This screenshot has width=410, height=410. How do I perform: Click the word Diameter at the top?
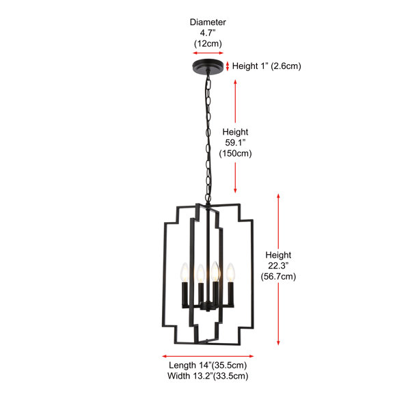click(208, 23)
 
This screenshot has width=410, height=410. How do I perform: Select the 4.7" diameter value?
click(208, 33)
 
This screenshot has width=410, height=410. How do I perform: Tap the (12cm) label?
click(208, 44)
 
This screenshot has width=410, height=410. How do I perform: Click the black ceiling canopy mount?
click(208, 66)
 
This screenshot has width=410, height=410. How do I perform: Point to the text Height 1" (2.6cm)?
click(266, 66)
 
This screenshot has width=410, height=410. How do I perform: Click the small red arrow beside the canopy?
click(228, 66)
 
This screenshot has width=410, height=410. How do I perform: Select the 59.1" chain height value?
click(235, 143)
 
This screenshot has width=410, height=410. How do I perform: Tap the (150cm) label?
click(235, 153)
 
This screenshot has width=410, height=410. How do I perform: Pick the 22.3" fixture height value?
click(278, 266)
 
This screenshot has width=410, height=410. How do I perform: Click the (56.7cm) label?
click(278, 276)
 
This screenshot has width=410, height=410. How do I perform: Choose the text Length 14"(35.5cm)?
click(208, 365)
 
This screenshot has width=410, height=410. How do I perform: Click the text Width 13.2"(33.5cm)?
click(208, 376)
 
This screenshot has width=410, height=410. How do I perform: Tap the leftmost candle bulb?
click(185, 272)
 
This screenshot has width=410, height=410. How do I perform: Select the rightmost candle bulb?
click(230, 272)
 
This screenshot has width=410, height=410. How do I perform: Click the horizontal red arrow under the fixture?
click(208, 356)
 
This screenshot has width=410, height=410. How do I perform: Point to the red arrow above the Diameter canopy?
click(208, 53)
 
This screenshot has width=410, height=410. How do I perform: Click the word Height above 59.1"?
click(235, 132)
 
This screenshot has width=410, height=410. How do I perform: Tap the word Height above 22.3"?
click(278, 255)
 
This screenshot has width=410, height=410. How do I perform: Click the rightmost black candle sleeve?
click(231, 293)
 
